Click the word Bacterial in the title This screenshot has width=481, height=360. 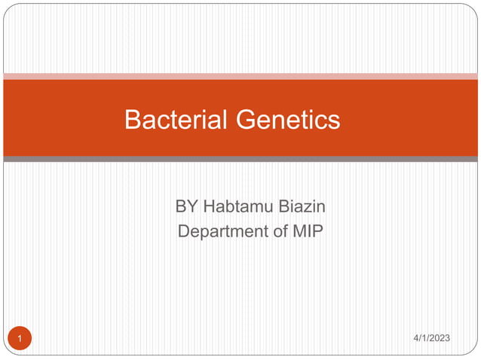(176, 119)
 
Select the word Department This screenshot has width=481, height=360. (223, 231)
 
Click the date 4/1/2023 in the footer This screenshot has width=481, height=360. (432, 338)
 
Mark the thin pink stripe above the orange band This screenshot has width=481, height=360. (240, 76)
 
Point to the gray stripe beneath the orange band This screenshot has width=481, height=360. (240, 159)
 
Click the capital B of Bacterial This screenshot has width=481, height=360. (133, 119)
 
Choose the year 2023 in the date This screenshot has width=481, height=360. (440, 338)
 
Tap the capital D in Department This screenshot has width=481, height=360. (184, 231)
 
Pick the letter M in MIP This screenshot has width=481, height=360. (299, 231)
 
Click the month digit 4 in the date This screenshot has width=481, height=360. (417, 338)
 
